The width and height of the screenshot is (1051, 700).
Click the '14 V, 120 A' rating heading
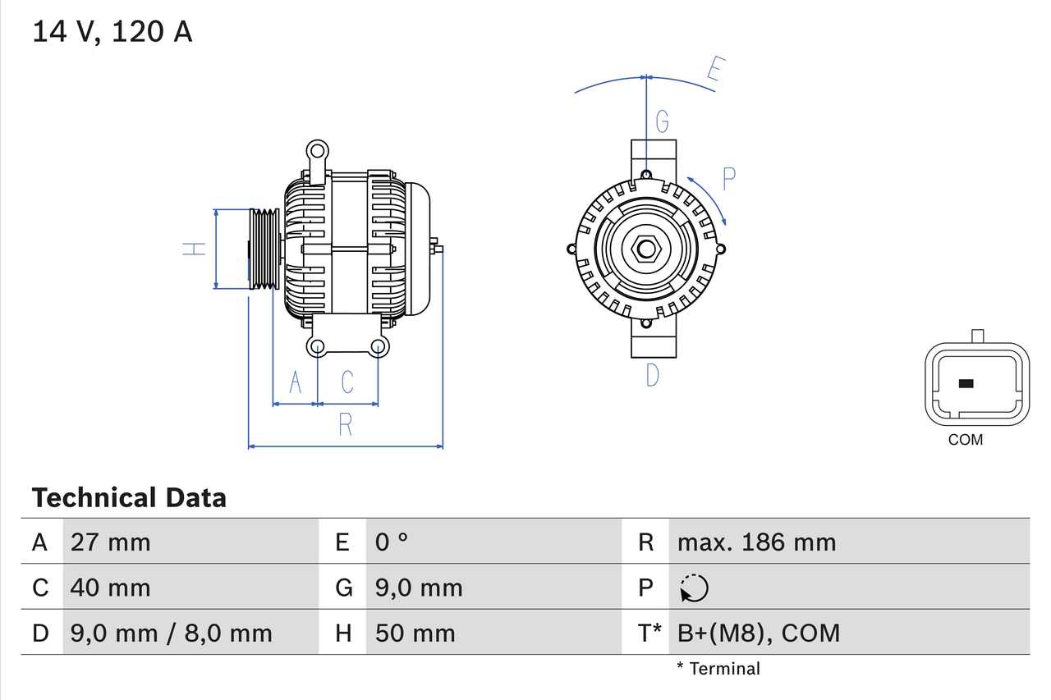point(112,32)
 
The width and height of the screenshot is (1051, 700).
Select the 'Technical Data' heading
point(129,498)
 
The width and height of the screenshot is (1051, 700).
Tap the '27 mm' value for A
point(110,542)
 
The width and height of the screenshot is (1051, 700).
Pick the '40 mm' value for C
point(110,588)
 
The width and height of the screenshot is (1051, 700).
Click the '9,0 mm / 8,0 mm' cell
point(171,633)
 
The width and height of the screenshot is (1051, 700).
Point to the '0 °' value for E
point(392,542)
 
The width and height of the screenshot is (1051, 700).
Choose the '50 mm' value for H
point(415,633)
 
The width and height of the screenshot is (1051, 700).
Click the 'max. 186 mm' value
point(756,542)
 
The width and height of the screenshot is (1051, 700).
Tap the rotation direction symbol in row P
point(694,588)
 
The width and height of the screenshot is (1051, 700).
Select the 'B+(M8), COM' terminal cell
point(758,633)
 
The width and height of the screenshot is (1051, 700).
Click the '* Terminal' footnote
point(718,669)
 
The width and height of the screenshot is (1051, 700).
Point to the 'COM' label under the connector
point(965,440)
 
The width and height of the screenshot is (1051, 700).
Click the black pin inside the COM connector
point(966,383)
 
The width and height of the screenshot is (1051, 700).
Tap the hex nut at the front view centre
point(646,249)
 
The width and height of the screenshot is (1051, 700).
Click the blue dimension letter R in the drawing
point(346,424)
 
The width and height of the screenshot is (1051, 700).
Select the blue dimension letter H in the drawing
point(195,249)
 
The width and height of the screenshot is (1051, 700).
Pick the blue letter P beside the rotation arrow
point(728,178)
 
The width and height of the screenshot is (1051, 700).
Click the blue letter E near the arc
point(715,72)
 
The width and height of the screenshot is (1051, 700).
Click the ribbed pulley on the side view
point(264,249)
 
